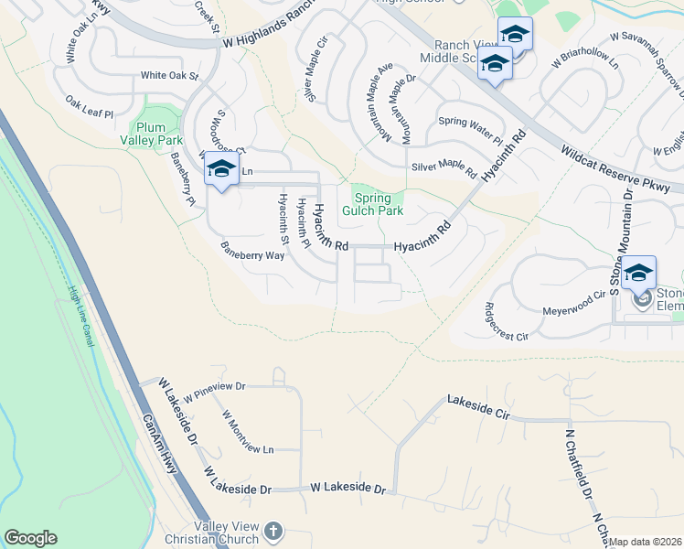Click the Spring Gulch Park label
pyautogui.click(x=372, y=204)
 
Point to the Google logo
pyautogui.click(x=30, y=538)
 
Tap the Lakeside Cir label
pyautogui.click(x=476, y=406)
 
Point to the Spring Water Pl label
pyautogui.click(x=471, y=130)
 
